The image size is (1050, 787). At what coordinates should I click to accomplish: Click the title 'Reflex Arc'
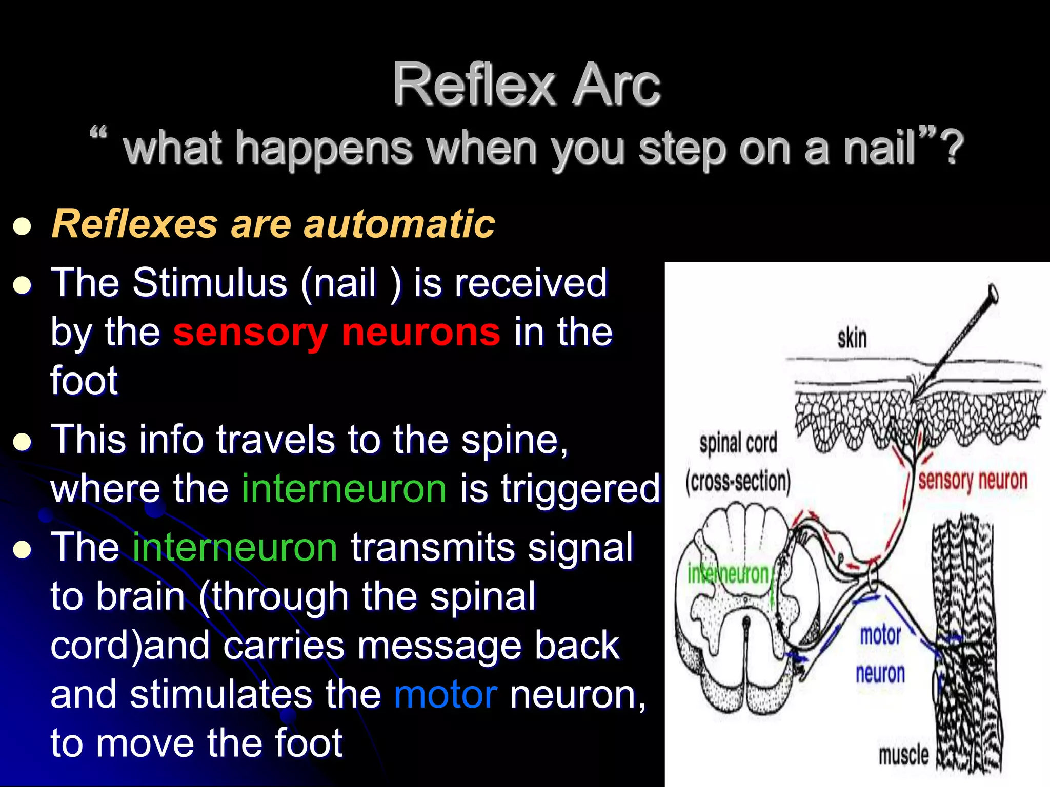526,85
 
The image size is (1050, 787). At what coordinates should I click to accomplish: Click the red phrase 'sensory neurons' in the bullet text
336,332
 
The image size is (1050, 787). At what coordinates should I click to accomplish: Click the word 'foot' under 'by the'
84,381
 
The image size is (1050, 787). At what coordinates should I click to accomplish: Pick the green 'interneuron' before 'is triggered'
344,488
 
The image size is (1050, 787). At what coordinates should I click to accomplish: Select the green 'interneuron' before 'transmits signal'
235,547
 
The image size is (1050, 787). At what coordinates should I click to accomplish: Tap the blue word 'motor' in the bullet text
446,695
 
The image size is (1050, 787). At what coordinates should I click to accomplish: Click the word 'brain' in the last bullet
140,596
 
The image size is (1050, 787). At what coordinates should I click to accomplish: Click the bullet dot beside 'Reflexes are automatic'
23,226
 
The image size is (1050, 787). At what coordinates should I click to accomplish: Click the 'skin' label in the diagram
852,339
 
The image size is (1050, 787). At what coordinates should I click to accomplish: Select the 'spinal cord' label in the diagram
738,443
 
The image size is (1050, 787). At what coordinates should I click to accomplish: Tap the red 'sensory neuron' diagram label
972,481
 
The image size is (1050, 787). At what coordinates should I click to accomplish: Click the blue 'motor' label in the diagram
880,635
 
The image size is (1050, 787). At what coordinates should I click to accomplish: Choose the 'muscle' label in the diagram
903,755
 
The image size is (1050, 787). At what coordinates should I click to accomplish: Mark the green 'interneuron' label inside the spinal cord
728,574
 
